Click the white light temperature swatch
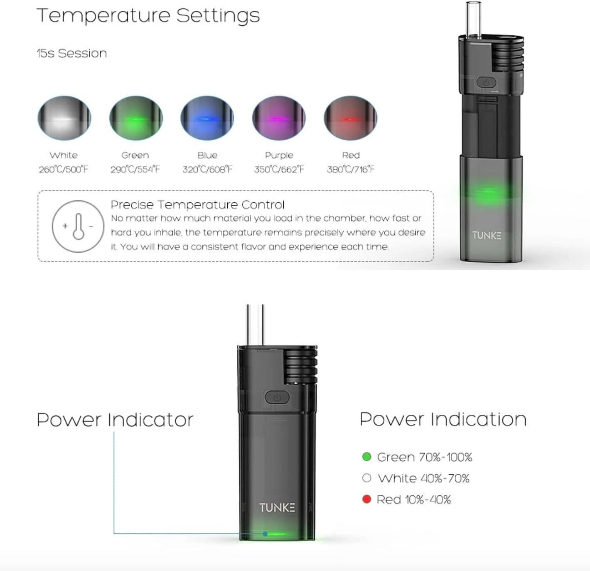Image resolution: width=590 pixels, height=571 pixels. pyautogui.click(x=64, y=118)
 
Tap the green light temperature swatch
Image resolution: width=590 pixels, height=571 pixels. pyautogui.click(x=136, y=118)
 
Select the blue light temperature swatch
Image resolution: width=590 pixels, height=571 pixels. pyautogui.click(x=207, y=118)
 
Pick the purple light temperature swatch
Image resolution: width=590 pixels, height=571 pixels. pyautogui.click(x=279, y=118)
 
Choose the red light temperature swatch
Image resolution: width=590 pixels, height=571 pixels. pyautogui.click(x=351, y=118)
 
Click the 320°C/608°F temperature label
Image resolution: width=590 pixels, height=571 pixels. pyautogui.click(x=207, y=169)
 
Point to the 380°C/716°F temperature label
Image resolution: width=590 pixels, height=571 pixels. pyautogui.click(x=351, y=169)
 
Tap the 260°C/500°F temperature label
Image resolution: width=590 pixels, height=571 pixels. pyautogui.click(x=64, y=169)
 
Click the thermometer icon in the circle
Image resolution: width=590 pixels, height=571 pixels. pyautogui.click(x=78, y=226)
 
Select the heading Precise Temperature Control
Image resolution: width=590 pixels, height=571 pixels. pyautogui.click(x=198, y=205)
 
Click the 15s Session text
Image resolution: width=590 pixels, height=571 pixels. pyautogui.click(x=72, y=53)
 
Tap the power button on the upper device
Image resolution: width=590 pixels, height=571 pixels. pyautogui.click(x=486, y=82)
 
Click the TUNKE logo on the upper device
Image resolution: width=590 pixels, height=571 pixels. pyautogui.click(x=487, y=236)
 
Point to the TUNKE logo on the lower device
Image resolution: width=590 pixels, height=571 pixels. pyautogui.click(x=277, y=507)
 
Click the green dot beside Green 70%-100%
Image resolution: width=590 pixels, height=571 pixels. pyautogui.click(x=367, y=457)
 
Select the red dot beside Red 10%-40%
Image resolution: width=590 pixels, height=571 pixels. pyautogui.click(x=367, y=499)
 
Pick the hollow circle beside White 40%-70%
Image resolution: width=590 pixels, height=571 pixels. pyautogui.click(x=367, y=478)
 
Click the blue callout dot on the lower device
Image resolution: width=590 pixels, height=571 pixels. pyautogui.click(x=265, y=534)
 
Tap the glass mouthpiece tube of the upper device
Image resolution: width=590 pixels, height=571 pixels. pyautogui.click(x=473, y=20)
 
